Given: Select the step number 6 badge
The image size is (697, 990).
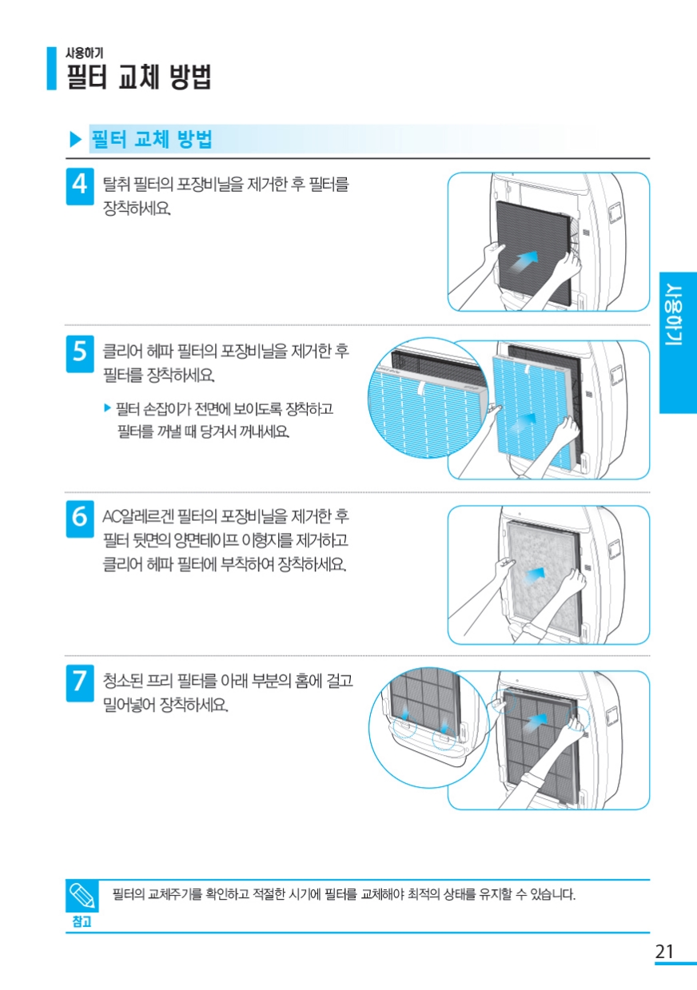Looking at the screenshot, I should [x=79, y=518].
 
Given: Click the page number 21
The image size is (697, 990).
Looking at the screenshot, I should [x=664, y=952].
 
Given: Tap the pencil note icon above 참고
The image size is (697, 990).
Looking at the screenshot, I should [x=82, y=895].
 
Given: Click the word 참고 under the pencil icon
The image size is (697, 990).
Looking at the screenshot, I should [x=82, y=920].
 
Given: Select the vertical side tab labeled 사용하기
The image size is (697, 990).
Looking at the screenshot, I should [x=678, y=343].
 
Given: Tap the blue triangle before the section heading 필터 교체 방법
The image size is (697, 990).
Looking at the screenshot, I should [x=76, y=140].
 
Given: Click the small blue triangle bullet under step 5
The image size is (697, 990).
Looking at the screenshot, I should [x=108, y=408].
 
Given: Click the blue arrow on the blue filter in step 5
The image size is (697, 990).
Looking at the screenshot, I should [x=526, y=419].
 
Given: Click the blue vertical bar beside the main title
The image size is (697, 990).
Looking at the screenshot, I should [x=51, y=68].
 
